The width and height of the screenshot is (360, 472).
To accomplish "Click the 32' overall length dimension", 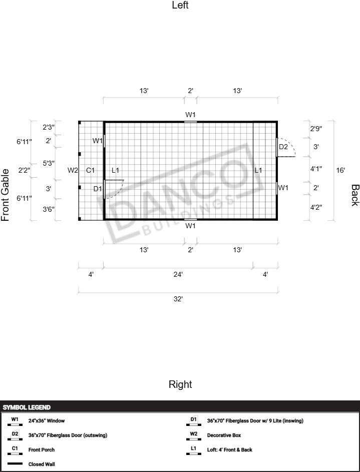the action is click(x=178, y=299).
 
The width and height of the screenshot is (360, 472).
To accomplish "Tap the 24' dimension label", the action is click(x=178, y=274).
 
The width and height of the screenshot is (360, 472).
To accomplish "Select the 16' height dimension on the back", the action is click(x=340, y=170).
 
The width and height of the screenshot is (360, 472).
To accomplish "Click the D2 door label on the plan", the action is click(x=283, y=147).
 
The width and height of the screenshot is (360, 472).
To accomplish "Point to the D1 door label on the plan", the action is click(x=98, y=189).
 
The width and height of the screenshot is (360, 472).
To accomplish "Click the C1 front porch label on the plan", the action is click(x=90, y=170).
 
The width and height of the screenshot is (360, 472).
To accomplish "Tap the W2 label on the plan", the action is click(x=73, y=170).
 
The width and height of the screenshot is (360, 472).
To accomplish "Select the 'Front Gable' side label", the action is click(x=5, y=195).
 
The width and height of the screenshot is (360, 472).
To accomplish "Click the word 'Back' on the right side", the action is click(x=355, y=195).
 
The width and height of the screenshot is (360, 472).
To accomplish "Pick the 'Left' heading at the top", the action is click(x=180, y=5).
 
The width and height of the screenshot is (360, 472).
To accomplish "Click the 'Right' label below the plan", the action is click(x=180, y=384).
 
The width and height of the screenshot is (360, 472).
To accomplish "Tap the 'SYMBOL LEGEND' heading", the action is click(x=27, y=407).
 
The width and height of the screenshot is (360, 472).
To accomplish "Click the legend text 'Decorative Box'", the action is click(x=224, y=435).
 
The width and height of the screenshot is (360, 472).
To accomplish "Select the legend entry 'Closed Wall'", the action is click(x=42, y=464).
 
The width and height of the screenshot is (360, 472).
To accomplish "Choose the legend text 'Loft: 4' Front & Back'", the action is click(x=230, y=449).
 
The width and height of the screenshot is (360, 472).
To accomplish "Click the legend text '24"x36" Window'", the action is click(x=47, y=421).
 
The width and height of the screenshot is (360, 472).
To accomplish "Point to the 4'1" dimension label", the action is click(x=316, y=169).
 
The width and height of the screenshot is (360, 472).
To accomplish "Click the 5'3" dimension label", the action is click(x=49, y=163).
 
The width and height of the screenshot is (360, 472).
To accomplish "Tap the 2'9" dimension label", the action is click(x=316, y=129).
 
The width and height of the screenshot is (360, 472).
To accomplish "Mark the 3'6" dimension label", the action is click(x=49, y=209).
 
